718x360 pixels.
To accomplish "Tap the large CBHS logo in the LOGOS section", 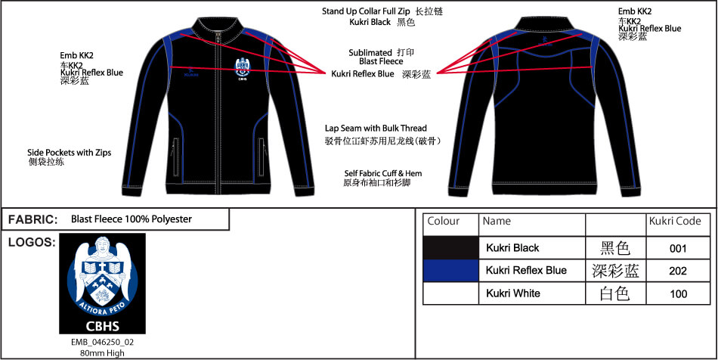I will tap(102, 284).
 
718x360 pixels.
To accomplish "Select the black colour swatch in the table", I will tap(450, 247).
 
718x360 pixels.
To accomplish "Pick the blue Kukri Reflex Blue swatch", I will tap(450, 270).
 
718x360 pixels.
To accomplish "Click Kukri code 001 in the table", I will tap(678, 247).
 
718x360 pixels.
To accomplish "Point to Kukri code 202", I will tap(678, 271).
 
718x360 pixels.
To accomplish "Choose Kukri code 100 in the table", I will tap(678, 293).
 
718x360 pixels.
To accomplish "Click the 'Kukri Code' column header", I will tap(675, 222).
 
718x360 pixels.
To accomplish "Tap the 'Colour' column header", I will tap(444, 222).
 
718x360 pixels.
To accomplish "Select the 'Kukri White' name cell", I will tap(513, 293).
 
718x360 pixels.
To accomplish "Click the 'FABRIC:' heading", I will tap(33, 219).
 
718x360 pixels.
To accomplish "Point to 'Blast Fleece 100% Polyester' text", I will tap(132, 219).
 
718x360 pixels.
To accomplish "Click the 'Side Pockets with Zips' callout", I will tap(69, 152).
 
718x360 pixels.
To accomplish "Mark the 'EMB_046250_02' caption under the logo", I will tap(102, 342).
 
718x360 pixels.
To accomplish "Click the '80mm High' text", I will tap(102, 352).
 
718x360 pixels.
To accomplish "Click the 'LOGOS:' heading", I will tap(31, 242).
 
